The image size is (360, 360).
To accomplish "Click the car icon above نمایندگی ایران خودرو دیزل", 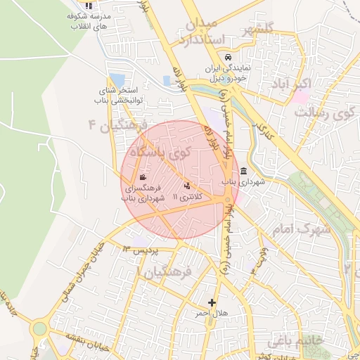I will point(227,58).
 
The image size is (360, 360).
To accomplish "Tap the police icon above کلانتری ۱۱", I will point(187,186).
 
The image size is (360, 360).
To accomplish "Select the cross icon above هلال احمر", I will point(212,302).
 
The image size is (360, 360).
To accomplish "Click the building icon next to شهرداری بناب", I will point(243,172).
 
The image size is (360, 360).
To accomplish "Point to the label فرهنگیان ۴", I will point(116,125).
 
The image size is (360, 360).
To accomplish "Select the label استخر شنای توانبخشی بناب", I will point(120,96).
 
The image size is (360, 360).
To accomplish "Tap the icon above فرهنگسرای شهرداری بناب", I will point(143,178).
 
